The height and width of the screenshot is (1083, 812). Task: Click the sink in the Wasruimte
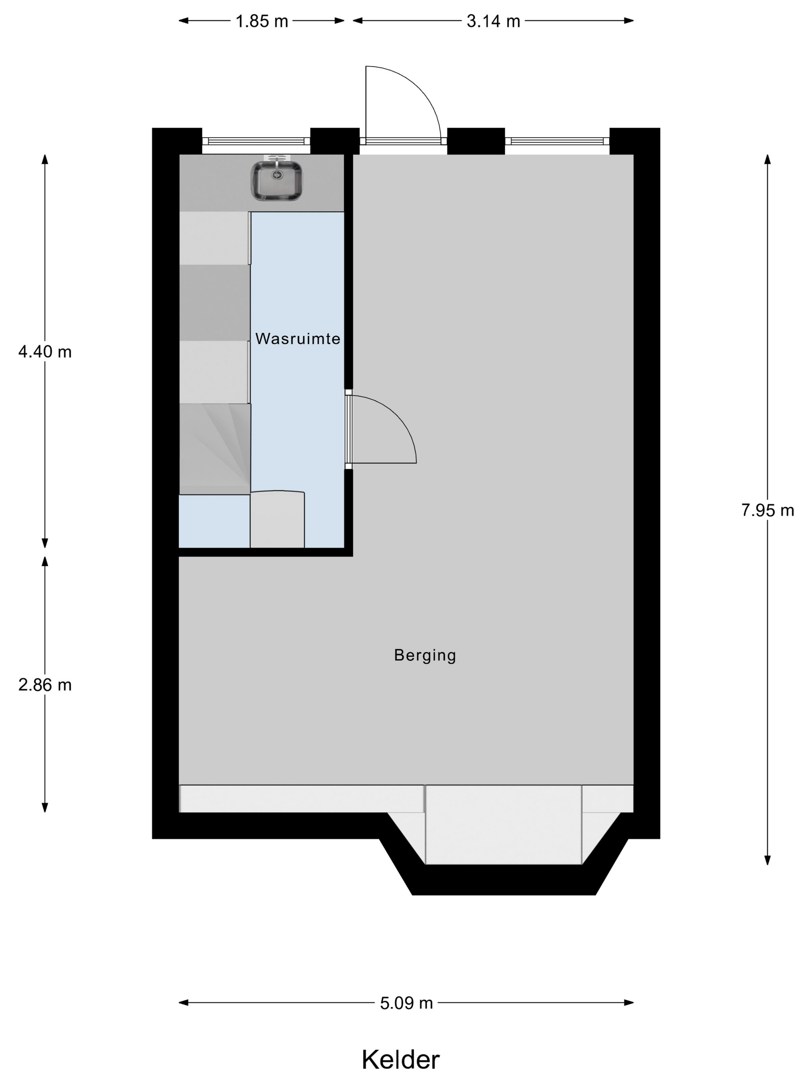[x=276, y=180]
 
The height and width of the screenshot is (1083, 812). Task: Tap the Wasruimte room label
[x=298, y=338]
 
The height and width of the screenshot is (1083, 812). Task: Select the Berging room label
[x=425, y=655]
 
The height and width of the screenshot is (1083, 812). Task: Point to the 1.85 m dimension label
[x=262, y=21]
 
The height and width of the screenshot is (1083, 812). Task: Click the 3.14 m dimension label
[x=493, y=21]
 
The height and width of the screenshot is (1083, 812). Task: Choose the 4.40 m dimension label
[x=45, y=352]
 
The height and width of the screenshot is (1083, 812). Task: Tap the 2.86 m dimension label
[x=45, y=685]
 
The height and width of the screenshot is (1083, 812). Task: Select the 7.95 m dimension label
[x=768, y=510]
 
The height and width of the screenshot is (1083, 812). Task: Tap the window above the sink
[x=256, y=141]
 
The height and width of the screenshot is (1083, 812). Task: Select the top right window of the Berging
[x=557, y=141]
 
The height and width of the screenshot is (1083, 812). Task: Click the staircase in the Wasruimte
[x=215, y=449]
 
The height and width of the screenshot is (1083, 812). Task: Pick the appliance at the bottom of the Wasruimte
[x=277, y=519]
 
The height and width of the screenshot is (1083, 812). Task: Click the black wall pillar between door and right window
[x=476, y=141]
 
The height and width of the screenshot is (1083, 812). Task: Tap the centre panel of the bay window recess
[x=504, y=825]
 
